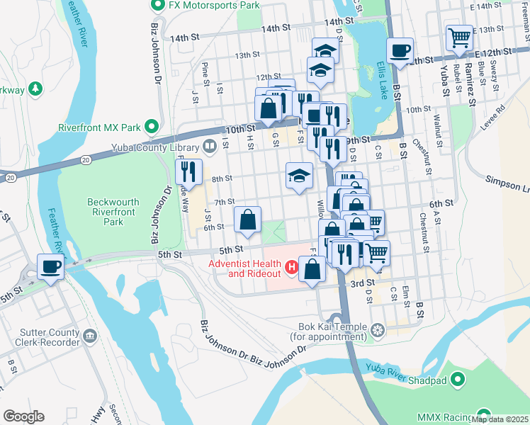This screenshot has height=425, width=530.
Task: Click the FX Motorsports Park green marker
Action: [x=157, y=5]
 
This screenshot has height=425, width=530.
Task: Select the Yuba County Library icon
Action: [x=210, y=147]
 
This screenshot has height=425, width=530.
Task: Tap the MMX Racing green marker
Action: [x=485, y=415]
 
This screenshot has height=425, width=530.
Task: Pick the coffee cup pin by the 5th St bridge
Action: [x=50, y=266]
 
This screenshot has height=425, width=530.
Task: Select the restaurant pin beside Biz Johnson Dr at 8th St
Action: [x=188, y=171]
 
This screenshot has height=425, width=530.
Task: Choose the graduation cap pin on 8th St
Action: [x=300, y=176]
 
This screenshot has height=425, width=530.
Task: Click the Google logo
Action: [x=23, y=416]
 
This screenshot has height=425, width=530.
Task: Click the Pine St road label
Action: [x=205, y=71]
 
